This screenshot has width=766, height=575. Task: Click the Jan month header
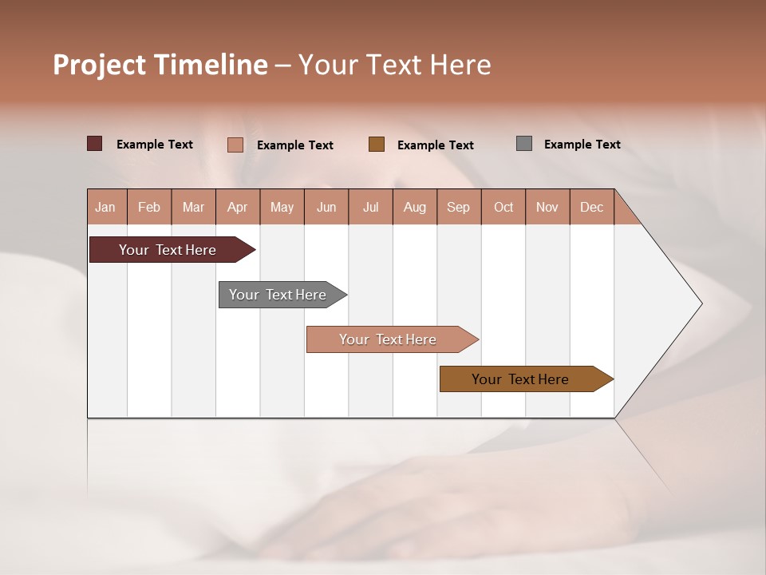tap(105, 207)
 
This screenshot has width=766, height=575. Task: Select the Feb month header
tap(149, 207)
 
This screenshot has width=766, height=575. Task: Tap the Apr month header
tap(237, 207)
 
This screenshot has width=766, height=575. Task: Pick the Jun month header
tap(326, 207)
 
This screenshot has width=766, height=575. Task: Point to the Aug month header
tap(414, 207)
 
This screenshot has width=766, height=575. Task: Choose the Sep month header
tap(458, 207)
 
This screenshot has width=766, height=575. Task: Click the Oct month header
tap(503, 207)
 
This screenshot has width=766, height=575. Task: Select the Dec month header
tap(591, 207)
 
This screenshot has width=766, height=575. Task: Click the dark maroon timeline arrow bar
tap(168, 250)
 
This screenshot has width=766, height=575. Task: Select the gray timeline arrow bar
tap(278, 295)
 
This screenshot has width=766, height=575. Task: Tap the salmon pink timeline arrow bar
tap(388, 339)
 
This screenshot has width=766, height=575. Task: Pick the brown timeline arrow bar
tap(520, 379)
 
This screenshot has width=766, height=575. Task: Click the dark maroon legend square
tap(95, 144)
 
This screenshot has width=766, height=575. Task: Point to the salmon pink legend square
tap(235, 145)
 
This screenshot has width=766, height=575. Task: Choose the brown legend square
tap(377, 145)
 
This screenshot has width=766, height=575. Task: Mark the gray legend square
tap(524, 144)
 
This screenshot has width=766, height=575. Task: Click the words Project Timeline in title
tap(160, 65)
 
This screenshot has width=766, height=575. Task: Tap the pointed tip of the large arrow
tap(700, 303)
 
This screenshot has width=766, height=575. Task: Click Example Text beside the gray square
tap(582, 145)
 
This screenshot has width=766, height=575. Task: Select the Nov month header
tap(547, 207)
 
